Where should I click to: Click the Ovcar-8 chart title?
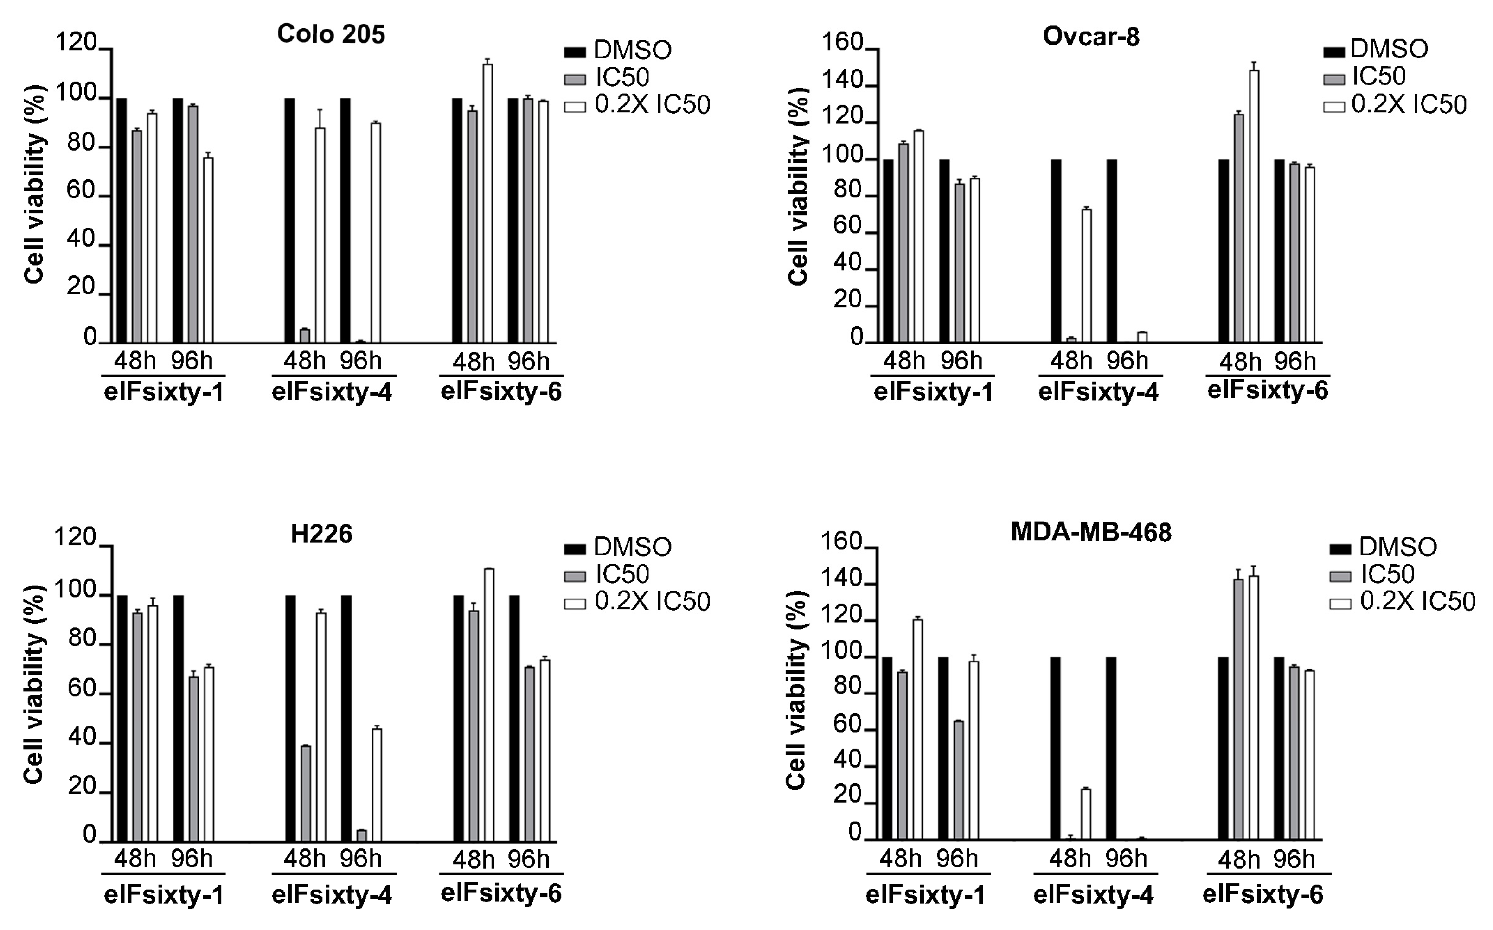(1091, 37)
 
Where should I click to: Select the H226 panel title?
(321, 534)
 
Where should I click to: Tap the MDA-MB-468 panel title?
(1091, 532)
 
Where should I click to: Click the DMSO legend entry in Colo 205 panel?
(618, 51)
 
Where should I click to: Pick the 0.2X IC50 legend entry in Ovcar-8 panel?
(1395, 105)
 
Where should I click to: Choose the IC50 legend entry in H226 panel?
(607, 574)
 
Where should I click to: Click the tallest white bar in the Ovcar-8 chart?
(1254, 206)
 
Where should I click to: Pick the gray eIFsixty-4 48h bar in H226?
(306, 793)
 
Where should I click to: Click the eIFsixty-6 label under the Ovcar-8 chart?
(1267, 390)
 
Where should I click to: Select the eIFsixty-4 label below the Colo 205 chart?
(332, 392)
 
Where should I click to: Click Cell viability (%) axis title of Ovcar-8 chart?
(798, 186)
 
